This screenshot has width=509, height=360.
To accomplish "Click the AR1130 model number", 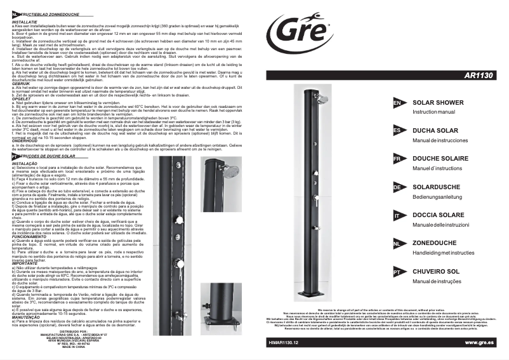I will pos(478,74).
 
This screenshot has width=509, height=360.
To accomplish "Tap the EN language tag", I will pos(397,103).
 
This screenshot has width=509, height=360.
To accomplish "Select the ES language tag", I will pos(397,130).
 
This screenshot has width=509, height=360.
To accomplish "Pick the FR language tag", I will pos(397,159).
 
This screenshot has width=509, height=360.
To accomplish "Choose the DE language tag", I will pos(397,187).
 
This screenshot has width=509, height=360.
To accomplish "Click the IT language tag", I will pos(397,216).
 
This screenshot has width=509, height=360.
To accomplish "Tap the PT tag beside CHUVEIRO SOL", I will pos(397,272).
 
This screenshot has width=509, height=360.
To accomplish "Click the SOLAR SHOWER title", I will pos(437,102).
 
